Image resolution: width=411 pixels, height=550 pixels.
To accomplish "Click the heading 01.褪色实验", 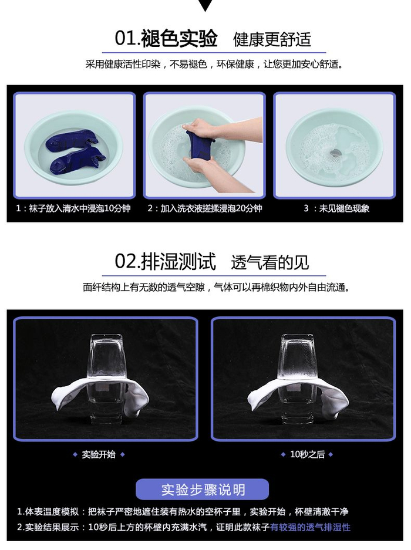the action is point(166,38).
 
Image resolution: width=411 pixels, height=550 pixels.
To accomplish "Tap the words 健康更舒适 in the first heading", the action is point(272,39).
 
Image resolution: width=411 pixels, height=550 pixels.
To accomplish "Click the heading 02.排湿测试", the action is point(166,262).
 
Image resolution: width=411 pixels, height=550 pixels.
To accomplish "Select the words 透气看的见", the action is point(270,262).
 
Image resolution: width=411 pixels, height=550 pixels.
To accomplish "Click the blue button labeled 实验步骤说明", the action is point(203,490).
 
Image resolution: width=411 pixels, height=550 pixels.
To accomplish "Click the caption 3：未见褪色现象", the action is point(336,209).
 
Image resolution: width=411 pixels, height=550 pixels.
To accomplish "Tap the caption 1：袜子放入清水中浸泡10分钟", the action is point(73,209).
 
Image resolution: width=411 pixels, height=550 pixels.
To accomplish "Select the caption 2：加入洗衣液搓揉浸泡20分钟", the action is point(205,209).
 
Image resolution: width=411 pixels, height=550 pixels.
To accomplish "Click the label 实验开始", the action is point(99,454).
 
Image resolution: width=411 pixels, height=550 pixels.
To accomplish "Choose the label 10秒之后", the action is point(308,454).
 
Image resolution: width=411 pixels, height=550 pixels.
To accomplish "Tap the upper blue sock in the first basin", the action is point(71,140).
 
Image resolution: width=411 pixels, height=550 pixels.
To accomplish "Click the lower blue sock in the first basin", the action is point(78,160).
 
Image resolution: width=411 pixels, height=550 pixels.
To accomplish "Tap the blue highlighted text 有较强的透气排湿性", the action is point(310,527).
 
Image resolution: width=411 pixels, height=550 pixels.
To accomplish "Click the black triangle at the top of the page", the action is point(206,5).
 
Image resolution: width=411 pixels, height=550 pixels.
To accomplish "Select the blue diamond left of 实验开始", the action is point(75,454).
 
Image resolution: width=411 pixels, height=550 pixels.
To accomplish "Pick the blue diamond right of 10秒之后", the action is point(331,454).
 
